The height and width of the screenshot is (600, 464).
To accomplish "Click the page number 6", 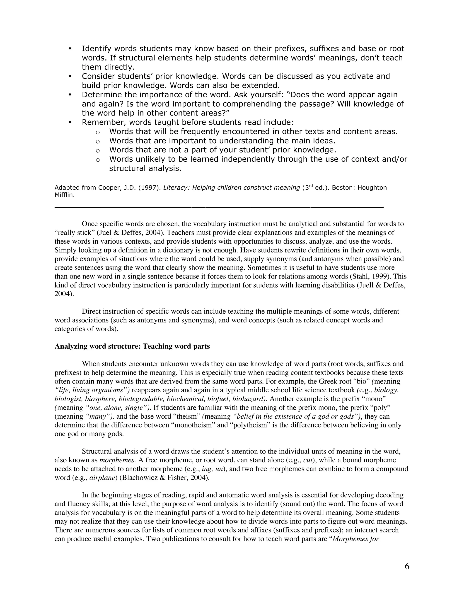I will tap(407, 566).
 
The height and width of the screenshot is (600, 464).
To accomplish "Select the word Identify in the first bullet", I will tap(97, 49).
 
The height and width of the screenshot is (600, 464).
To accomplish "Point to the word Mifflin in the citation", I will tap(64, 195).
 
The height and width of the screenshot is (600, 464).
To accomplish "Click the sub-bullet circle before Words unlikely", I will tap(98, 160).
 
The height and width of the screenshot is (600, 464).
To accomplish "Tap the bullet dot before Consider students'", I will tap(70, 76).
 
